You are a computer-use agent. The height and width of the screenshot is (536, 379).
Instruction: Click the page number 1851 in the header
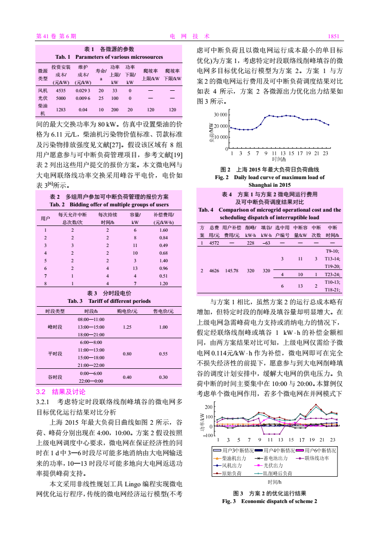pyautogui.click(x=333, y=36)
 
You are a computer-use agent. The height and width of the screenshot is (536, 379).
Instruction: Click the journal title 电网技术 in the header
pyautogui.click(x=190, y=36)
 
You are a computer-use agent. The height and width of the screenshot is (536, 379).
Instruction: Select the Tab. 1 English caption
pyautogui.click(x=109, y=57)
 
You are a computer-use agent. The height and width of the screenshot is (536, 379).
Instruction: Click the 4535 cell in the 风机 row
pyautogui.click(x=61, y=90)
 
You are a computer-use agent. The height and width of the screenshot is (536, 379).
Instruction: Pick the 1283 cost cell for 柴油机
pyautogui.click(x=61, y=109)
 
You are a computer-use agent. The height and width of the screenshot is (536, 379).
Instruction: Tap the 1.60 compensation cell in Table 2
pyautogui.click(x=163, y=230)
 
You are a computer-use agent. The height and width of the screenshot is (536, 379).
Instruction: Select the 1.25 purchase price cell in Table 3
pyautogui.click(x=127, y=327)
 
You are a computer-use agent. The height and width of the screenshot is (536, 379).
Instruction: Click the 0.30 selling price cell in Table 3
pyautogui.click(x=163, y=377)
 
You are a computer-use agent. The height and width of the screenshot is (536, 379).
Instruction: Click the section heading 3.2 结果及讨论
pyautogui.click(x=61, y=392)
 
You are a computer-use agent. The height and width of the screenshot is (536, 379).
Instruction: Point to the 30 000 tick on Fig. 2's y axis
pyautogui.click(x=220, y=115)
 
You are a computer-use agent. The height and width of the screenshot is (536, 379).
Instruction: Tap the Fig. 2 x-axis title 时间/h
pyautogui.click(x=279, y=159)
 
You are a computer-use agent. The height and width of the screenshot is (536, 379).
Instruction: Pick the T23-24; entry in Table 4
pyautogui.click(x=333, y=275)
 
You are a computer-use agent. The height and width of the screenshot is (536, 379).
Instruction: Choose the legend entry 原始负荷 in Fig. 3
pyautogui.click(x=232, y=473)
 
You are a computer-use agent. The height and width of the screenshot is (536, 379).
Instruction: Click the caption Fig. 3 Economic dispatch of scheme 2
pyautogui.click(x=270, y=501)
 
